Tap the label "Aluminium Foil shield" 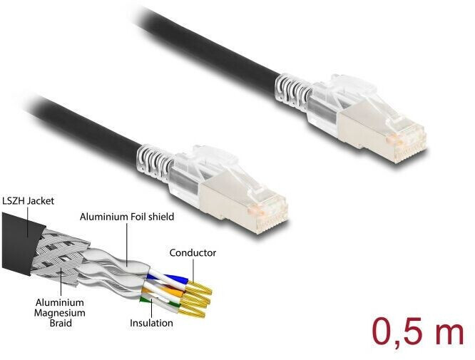tap(127, 216)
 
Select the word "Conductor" tap(193, 252)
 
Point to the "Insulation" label tap(151, 323)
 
